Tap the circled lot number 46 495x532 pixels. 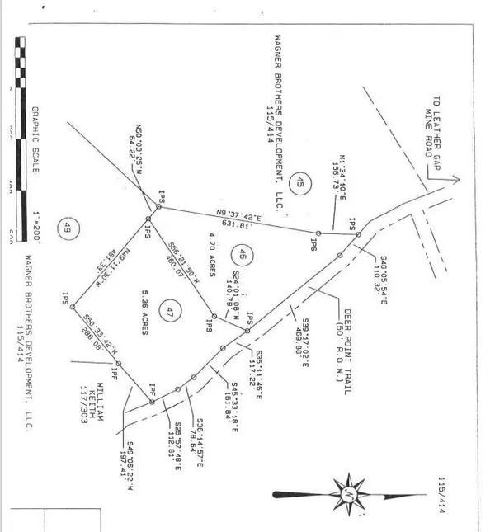tap(242, 253)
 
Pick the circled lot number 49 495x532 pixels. tap(67, 230)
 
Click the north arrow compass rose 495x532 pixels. tap(351, 493)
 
